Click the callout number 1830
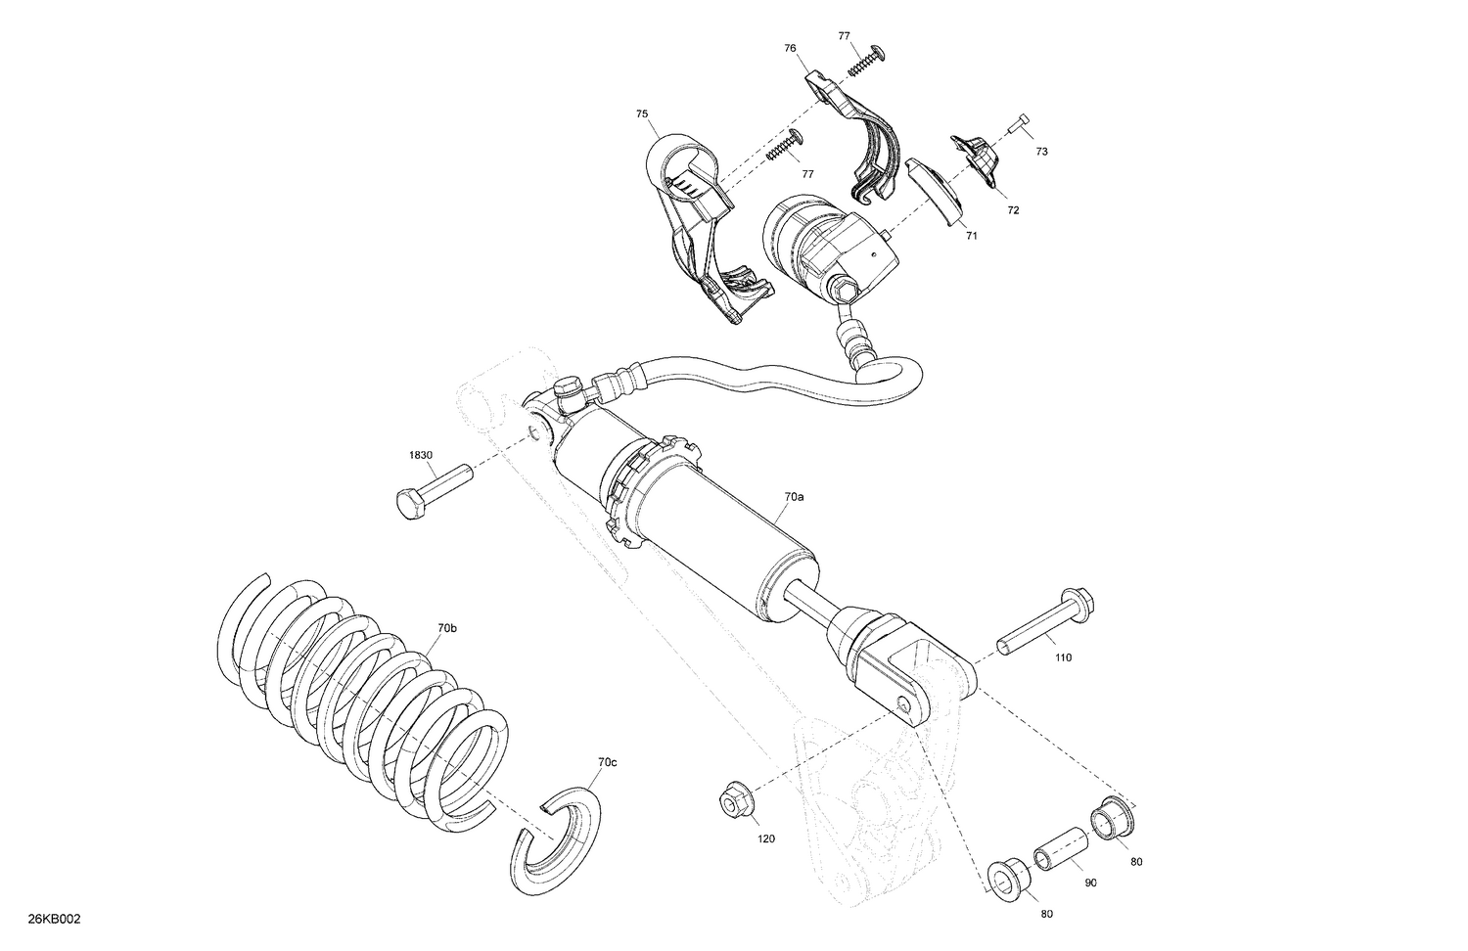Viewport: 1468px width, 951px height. tap(421, 455)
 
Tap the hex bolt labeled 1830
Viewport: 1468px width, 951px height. tap(432, 488)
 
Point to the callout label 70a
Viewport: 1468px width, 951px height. tap(794, 497)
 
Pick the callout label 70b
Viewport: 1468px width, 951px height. tap(446, 627)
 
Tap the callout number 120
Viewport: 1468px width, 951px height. tap(765, 838)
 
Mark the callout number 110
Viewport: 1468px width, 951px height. tap(1063, 657)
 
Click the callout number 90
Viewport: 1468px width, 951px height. tap(1091, 883)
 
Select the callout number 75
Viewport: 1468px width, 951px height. tap(641, 114)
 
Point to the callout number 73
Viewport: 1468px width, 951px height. tap(1041, 152)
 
